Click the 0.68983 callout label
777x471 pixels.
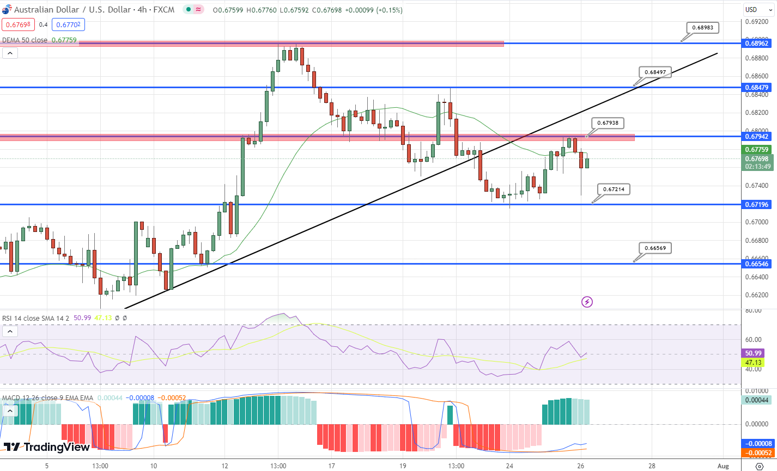click(x=702, y=28)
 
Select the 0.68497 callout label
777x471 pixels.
click(x=655, y=72)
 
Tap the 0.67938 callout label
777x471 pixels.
click(x=608, y=123)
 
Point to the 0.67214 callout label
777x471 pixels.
click(x=614, y=189)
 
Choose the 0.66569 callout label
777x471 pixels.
click(x=655, y=248)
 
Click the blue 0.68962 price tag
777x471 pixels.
click(x=757, y=43)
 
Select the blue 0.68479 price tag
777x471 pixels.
click(x=757, y=87)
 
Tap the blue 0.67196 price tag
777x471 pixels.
click(x=757, y=204)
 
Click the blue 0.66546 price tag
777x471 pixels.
click(x=757, y=264)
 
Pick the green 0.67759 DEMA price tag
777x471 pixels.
click(x=757, y=150)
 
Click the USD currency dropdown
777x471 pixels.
click(x=757, y=9)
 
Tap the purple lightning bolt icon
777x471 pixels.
click(x=587, y=302)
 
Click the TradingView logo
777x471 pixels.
click(x=47, y=447)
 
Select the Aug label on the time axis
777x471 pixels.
click(x=723, y=466)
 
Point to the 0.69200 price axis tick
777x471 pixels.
click(x=757, y=22)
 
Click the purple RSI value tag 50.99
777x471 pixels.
click(x=753, y=353)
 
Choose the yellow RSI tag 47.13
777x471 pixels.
click(x=753, y=362)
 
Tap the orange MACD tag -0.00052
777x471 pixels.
click(x=757, y=452)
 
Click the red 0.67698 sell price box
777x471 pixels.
click(x=19, y=25)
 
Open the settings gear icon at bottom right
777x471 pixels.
click(x=760, y=466)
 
